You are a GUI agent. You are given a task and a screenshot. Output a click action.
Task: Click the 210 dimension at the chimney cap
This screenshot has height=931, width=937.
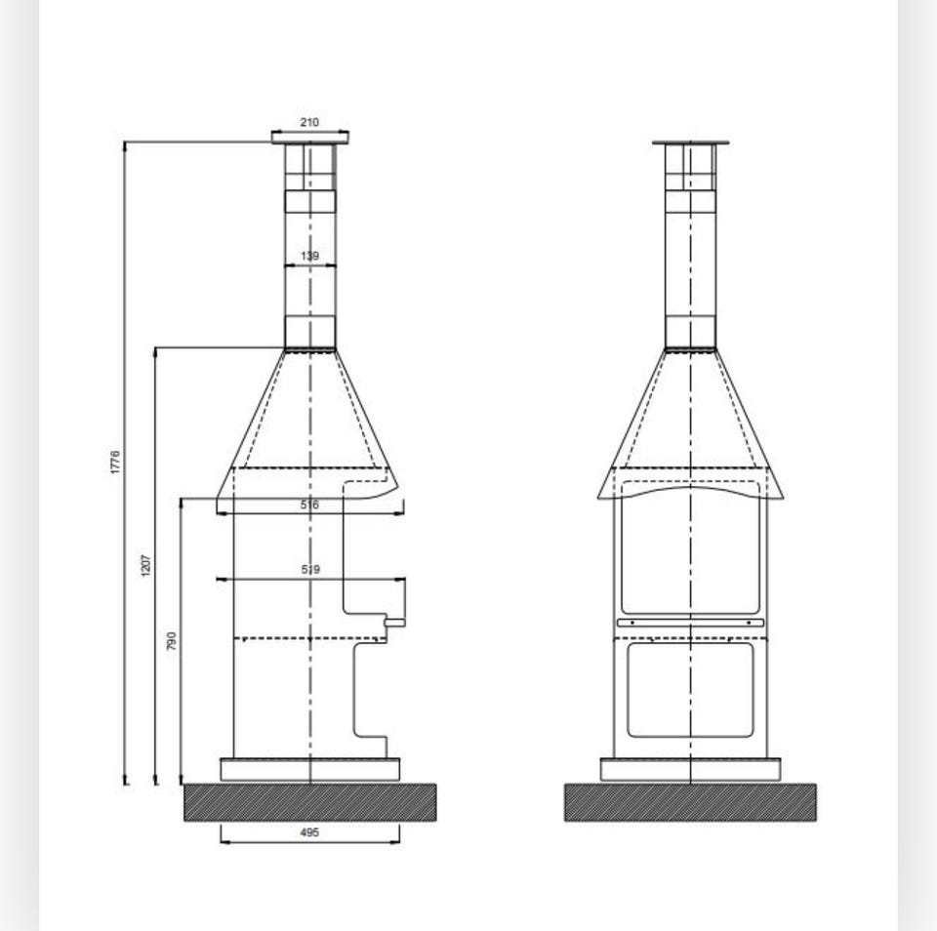(309, 123)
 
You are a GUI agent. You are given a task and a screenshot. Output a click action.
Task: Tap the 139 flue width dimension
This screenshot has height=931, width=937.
(309, 257)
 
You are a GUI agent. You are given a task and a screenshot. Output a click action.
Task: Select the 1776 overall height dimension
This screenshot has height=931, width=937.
(115, 463)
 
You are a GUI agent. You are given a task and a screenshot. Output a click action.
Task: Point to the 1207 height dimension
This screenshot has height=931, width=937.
(146, 565)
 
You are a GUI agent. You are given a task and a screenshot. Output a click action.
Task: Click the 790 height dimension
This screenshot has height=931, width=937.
(172, 640)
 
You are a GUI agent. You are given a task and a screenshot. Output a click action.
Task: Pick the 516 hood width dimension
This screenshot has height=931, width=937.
(309, 505)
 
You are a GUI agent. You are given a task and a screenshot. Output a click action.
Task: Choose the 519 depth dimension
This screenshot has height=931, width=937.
(310, 570)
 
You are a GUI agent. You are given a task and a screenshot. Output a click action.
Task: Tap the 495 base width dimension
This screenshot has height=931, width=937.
(309, 832)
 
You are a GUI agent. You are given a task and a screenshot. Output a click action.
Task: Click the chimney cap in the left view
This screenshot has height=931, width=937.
(310, 138)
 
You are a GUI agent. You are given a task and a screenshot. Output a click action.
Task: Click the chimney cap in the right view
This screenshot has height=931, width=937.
(690, 142)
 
